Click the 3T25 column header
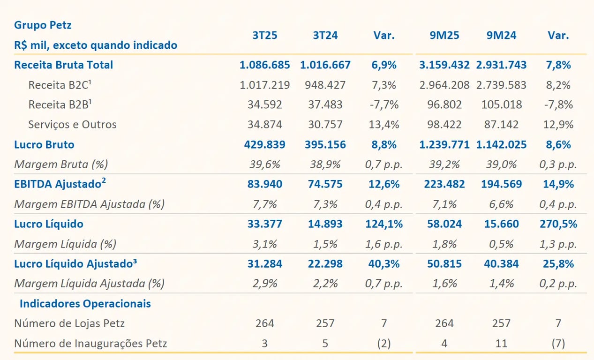pos(264,36)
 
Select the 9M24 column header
pos(501,36)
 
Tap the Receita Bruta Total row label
pos(63,65)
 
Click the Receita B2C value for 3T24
pos(325,85)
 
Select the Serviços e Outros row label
pos(72,125)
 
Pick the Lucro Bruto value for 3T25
pos(264,145)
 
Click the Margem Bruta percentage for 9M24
pos(501,165)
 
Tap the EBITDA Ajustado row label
pos(58,184)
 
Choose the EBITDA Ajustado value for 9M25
pos(444,184)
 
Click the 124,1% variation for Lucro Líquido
pos(384,224)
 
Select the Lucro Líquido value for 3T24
pos(325,224)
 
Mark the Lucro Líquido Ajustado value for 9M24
pos(501,264)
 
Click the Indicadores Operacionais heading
pos(85,304)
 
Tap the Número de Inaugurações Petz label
pos(90,344)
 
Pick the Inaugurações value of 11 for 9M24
pos(501,344)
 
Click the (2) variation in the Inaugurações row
pos(384,344)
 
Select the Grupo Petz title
pos(43,25)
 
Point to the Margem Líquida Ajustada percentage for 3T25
pos(264,284)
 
